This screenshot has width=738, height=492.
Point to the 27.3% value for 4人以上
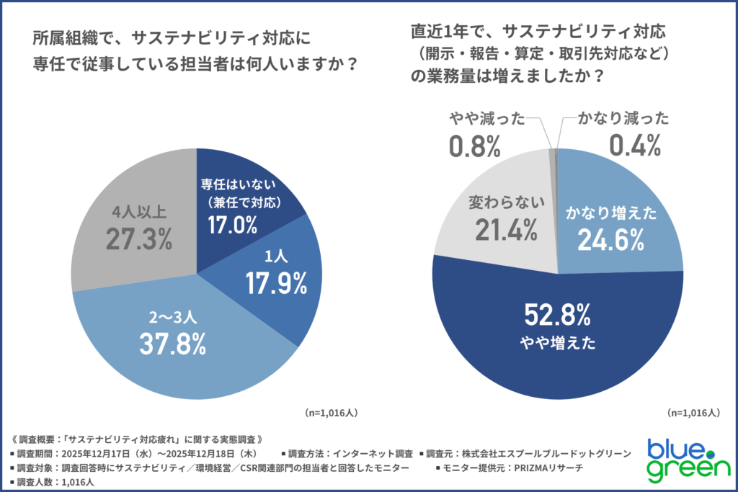pos(138,238)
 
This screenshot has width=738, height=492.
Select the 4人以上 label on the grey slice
pos(139,212)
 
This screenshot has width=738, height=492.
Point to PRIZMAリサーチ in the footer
pos(546,468)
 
